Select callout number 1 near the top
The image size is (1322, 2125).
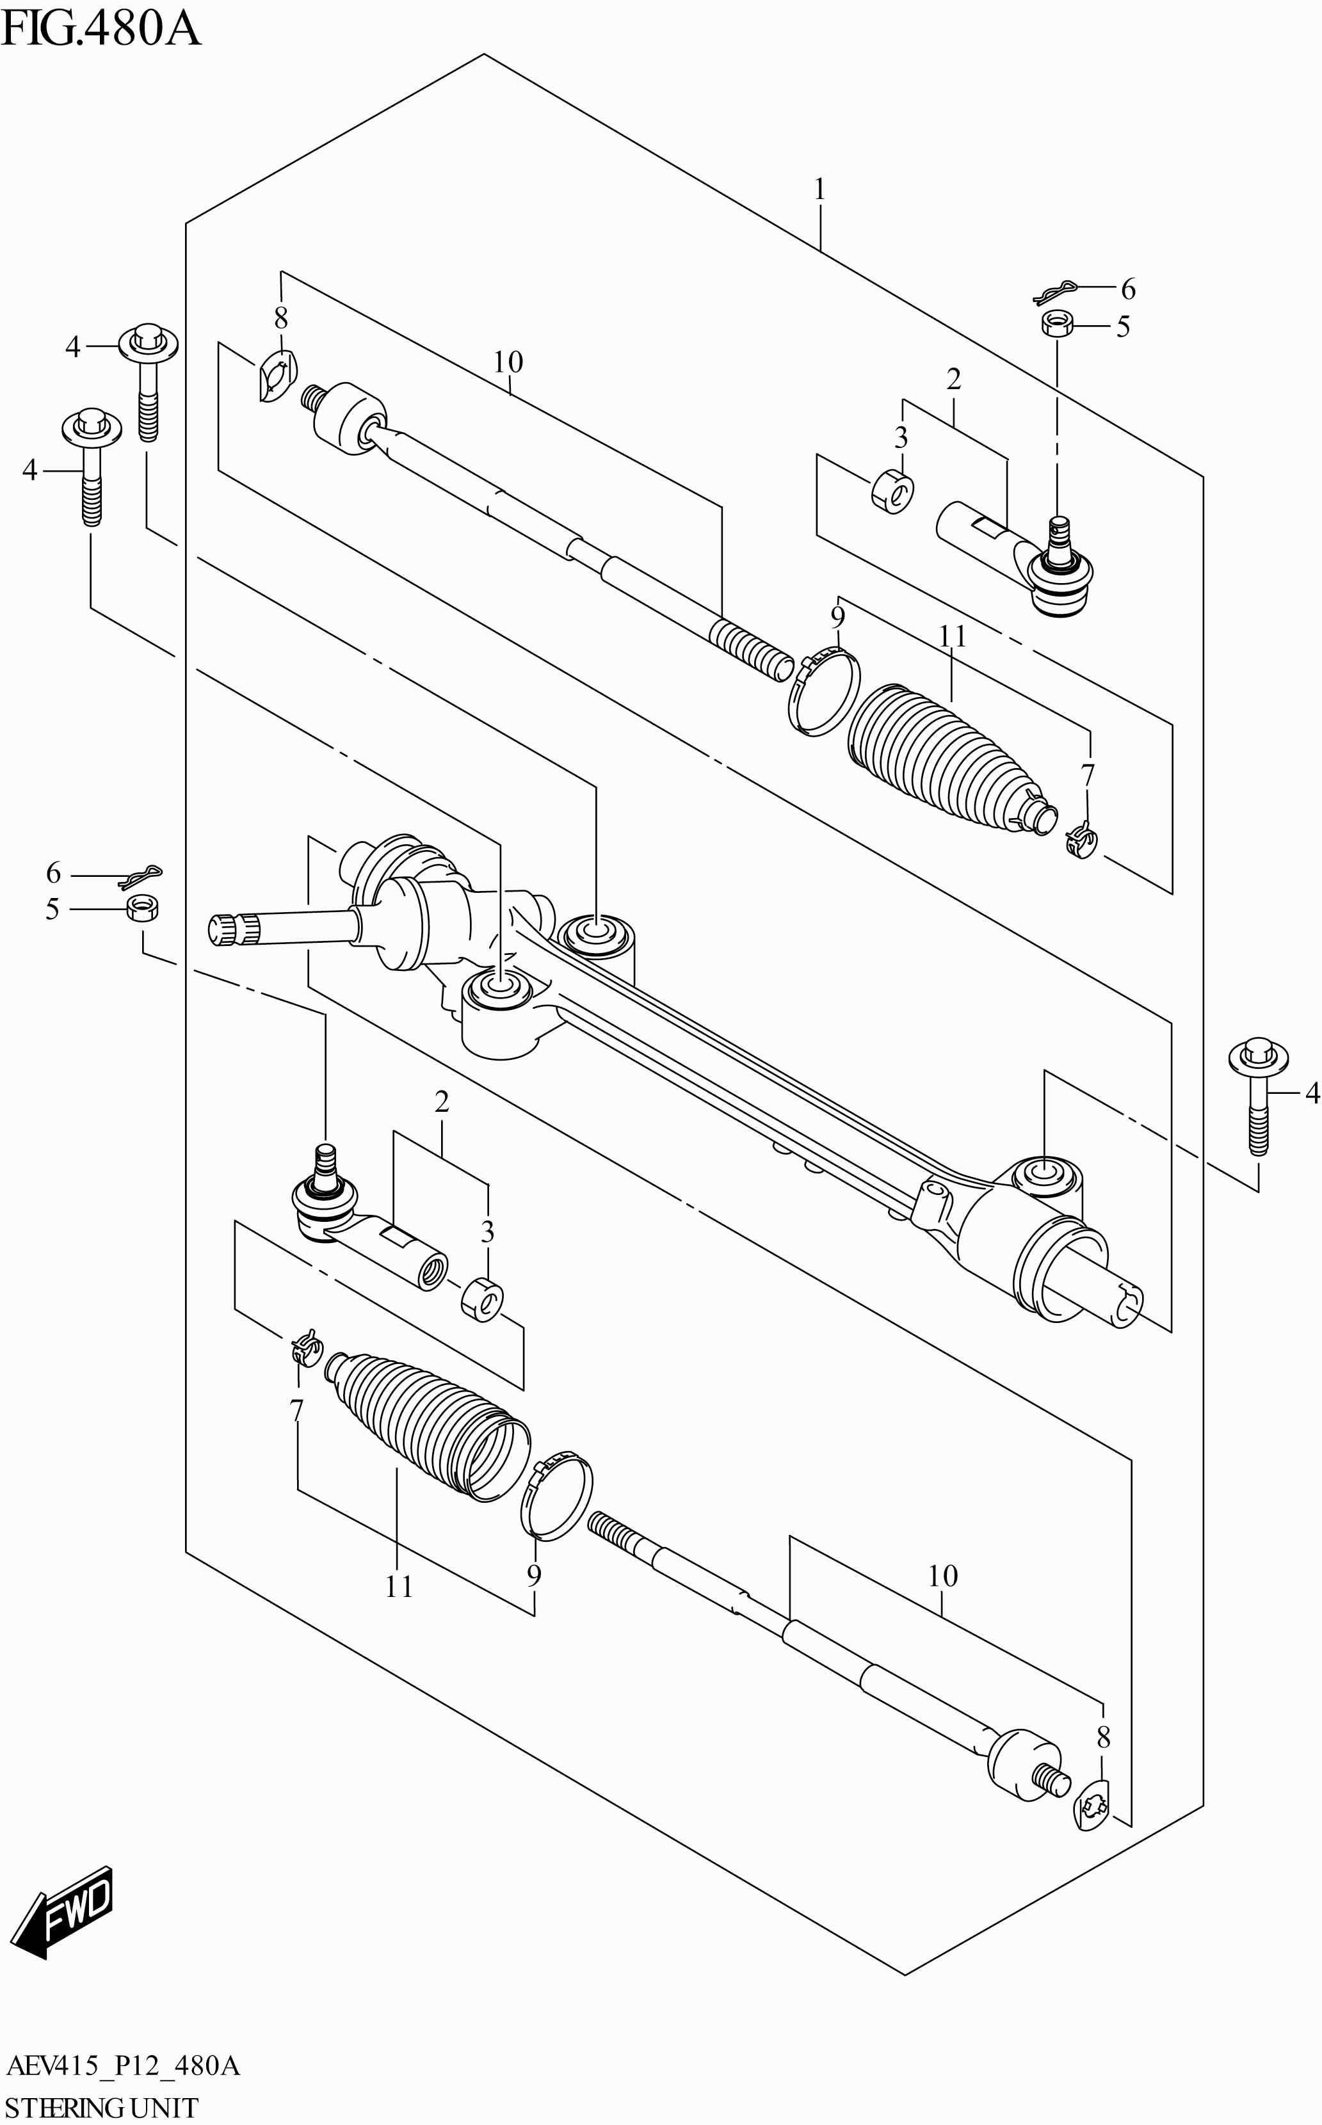(819, 189)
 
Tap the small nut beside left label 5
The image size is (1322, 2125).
(141, 908)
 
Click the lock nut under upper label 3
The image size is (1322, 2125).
(892, 492)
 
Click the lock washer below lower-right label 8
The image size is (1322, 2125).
(1091, 1808)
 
